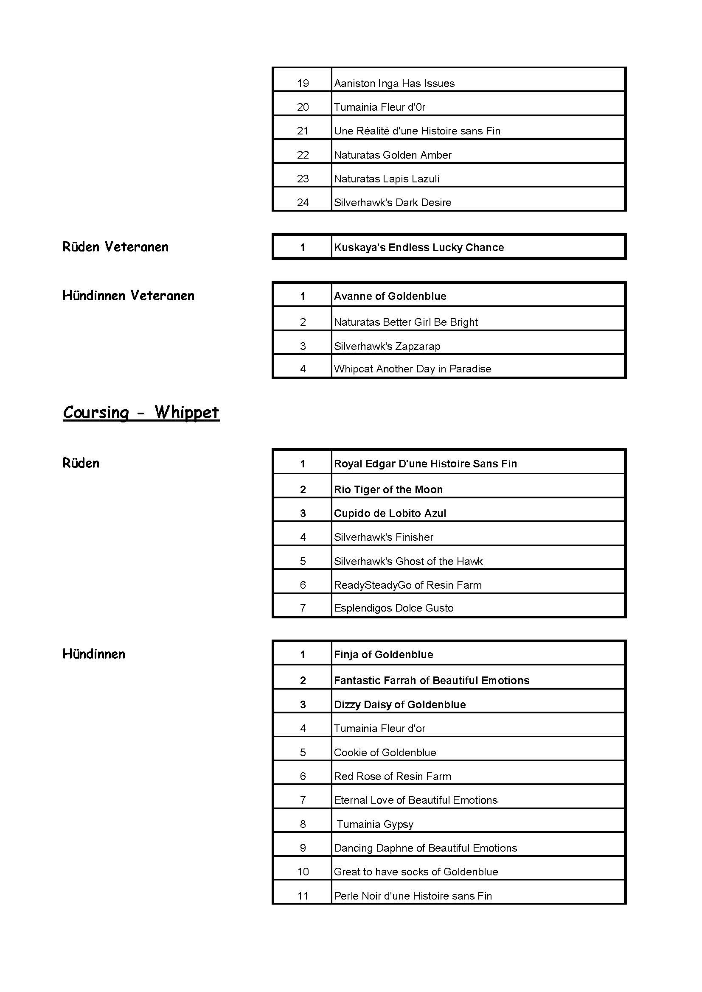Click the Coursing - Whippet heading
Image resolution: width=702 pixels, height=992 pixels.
(141, 413)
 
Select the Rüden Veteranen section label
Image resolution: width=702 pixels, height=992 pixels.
(115, 247)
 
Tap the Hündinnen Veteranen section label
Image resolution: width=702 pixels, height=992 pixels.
(128, 296)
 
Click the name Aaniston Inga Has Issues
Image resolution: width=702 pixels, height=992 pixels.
(394, 84)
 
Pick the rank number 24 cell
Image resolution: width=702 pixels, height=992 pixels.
(303, 203)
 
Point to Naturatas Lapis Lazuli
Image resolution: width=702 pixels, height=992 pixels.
(387, 179)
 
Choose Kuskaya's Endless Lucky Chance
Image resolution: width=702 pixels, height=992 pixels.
(418, 248)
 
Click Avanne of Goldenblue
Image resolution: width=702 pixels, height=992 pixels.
(390, 296)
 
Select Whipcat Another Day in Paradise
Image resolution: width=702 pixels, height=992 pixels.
(413, 369)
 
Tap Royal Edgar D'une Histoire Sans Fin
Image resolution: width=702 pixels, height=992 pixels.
(425, 464)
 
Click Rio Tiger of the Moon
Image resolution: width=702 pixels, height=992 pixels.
(388, 490)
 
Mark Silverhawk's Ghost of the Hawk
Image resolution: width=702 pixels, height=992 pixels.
(408, 561)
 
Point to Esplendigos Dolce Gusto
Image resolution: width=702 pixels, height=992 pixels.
(393, 608)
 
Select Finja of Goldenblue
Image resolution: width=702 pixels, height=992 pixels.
(383, 654)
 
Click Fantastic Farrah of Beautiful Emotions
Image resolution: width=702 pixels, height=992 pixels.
(431, 680)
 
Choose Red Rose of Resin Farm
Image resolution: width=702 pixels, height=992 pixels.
(392, 777)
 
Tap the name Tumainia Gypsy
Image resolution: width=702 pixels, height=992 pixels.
(375, 824)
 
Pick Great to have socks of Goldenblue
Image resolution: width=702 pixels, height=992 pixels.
(416, 872)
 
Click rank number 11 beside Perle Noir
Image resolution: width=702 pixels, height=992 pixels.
(303, 896)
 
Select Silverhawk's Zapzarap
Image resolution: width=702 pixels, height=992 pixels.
(387, 347)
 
